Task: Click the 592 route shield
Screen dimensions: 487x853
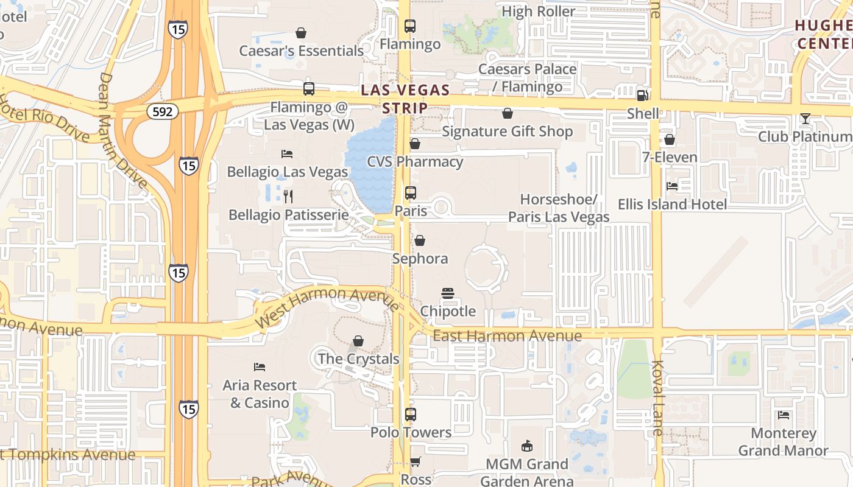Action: click(162, 111)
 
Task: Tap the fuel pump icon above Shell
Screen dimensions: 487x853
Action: click(642, 95)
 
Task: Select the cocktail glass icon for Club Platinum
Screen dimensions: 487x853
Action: click(805, 119)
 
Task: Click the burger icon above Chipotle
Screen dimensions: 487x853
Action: click(448, 293)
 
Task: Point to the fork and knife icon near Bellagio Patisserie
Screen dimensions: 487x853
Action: click(288, 196)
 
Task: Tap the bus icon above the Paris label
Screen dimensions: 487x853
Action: click(411, 193)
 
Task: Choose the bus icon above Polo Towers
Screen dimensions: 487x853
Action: click(411, 415)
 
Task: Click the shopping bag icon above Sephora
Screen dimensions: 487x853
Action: click(420, 240)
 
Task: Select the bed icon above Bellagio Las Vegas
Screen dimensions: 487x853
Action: click(287, 154)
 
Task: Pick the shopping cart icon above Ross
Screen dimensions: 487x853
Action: click(416, 461)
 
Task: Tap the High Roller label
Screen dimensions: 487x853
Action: click(539, 12)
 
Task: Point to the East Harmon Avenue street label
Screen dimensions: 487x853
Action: click(507, 336)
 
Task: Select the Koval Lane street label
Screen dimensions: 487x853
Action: click(657, 398)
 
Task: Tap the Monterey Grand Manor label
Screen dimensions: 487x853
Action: click(783, 442)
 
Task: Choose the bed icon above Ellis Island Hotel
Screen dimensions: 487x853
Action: click(672, 186)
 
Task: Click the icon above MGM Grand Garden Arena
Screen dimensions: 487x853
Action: click(527, 446)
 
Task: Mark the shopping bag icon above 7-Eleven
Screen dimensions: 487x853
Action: click(670, 139)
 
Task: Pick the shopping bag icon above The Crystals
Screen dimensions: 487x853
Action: click(358, 341)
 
